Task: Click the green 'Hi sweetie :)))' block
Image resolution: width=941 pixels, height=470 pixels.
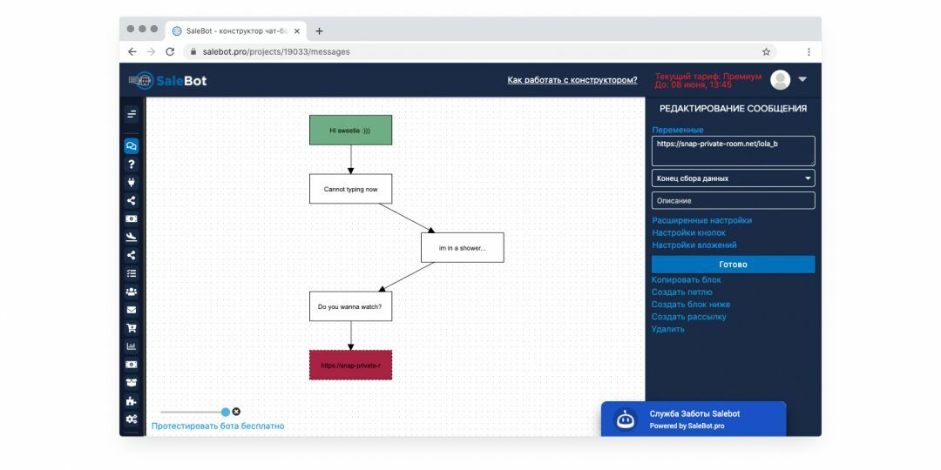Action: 350,130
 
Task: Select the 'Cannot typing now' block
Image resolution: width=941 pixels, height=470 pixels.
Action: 350,189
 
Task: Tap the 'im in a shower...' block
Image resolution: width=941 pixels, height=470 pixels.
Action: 462,247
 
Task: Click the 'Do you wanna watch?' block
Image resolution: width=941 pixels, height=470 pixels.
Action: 350,306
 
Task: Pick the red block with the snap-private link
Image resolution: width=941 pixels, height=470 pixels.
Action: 350,365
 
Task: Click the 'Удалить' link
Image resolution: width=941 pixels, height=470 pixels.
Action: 668,329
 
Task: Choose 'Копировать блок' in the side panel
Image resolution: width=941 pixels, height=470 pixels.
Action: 687,280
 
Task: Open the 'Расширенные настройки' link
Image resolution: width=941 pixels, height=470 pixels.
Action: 701,220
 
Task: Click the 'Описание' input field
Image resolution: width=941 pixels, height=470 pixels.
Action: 734,201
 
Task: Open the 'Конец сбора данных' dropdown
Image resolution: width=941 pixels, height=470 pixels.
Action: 734,178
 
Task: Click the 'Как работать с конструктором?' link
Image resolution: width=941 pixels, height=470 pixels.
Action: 572,80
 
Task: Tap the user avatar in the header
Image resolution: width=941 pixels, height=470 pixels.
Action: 780,80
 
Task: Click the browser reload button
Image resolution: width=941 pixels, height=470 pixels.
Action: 170,52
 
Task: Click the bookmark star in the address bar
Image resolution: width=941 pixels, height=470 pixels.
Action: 767,52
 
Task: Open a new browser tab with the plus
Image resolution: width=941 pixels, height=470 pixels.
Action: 319,31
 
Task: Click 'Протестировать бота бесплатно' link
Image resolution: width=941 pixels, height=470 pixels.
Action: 218,426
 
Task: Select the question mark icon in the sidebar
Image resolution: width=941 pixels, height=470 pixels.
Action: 132,164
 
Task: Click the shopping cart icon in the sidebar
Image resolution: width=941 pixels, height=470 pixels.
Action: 132,328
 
